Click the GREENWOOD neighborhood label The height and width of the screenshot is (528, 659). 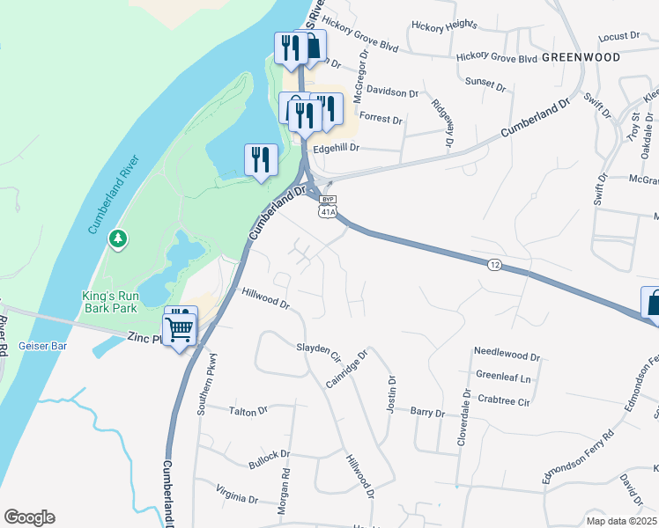tap(581, 57)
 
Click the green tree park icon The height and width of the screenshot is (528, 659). tap(117, 238)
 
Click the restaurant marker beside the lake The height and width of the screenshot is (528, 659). tap(261, 160)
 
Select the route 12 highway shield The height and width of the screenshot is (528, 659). tap(494, 264)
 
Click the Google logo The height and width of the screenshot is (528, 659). tap(29, 517)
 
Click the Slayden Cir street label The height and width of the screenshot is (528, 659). tap(318, 353)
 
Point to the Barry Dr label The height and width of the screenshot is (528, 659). tap(427, 412)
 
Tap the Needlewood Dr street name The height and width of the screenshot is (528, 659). tap(506, 353)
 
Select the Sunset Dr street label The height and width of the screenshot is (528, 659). tap(485, 88)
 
